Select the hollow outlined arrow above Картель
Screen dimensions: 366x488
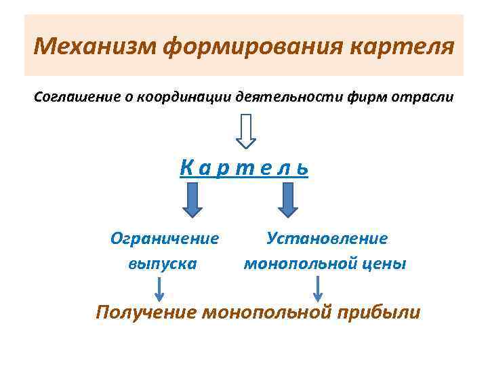coord(246,130)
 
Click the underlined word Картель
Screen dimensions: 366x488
coord(244,167)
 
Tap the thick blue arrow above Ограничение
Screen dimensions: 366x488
coord(192,201)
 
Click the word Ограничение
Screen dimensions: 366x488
coord(165,239)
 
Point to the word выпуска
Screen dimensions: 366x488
coord(163,263)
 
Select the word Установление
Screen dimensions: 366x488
coord(327,239)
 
